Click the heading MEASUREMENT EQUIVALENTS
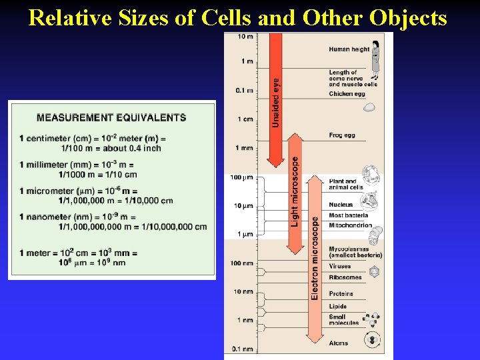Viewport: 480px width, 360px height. pyautogui.click(x=111, y=118)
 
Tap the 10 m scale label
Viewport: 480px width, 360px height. pyautogui.click(x=245, y=36)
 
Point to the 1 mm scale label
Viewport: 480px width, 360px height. pyautogui.click(x=244, y=147)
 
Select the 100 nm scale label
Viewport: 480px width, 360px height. pyautogui.click(x=243, y=263)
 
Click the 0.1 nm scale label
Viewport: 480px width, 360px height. pyautogui.click(x=243, y=349)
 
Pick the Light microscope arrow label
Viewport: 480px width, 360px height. pyautogui.click(x=295, y=191)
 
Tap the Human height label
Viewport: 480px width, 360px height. pyautogui.click(x=349, y=49)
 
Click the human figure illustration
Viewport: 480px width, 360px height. pyautogui.click(x=376, y=56)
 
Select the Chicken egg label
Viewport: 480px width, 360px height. pyautogui.click(x=347, y=94)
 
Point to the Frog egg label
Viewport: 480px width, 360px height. pyautogui.click(x=342, y=135)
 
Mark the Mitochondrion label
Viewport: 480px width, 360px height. pyautogui.click(x=350, y=225)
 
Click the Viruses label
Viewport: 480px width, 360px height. pyautogui.click(x=340, y=266)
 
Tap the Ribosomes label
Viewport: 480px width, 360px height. pyautogui.click(x=345, y=277)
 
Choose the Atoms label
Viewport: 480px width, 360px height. pyautogui.click(x=338, y=343)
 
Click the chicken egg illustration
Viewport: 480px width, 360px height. pyautogui.click(x=369, y=107)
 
